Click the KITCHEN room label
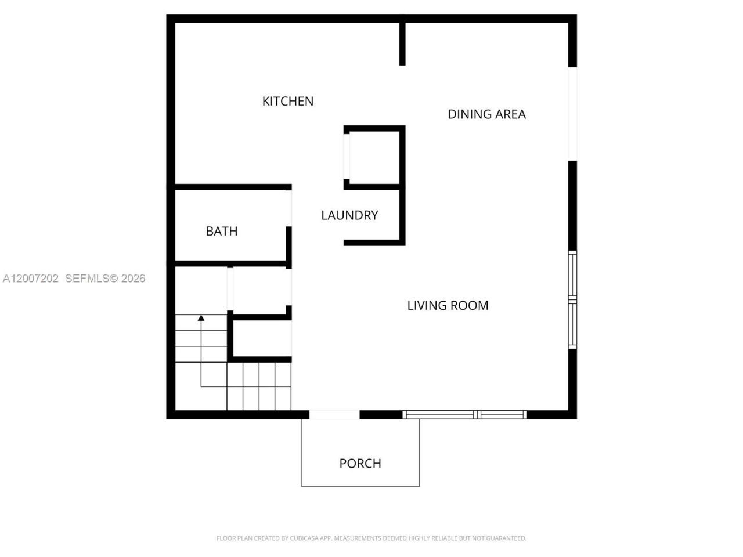[287, 102]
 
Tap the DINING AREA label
[486, 114]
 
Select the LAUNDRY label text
[349, 215]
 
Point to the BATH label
[221, 232]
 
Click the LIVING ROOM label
[448, 306]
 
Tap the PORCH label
[360, 464]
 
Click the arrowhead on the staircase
[201, 318]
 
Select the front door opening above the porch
[334, 414]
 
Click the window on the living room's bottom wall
[464, 414]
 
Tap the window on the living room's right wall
[572, 300]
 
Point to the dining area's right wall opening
[572, 114]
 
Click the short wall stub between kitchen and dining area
[402, 44]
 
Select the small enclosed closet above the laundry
[374, 157]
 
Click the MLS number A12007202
[31, 278]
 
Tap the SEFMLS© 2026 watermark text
[105, 278]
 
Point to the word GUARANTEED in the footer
[506, 538]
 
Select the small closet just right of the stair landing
[261, 290]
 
